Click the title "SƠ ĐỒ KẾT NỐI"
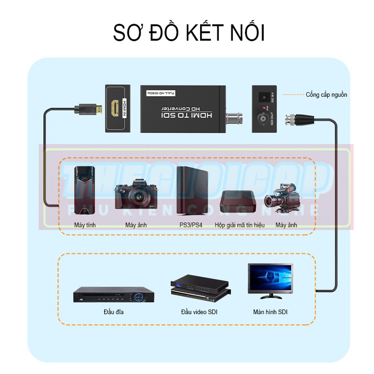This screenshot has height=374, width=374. click(189, 33)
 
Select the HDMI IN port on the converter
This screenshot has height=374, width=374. click(115, 108)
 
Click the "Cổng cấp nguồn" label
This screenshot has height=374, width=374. click(326, 95)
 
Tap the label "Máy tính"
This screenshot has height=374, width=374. click(85, 225)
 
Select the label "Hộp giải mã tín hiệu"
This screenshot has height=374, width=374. click(239, 225)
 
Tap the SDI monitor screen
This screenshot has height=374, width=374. click(271, 279)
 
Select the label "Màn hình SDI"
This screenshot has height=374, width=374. click(270, 312)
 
